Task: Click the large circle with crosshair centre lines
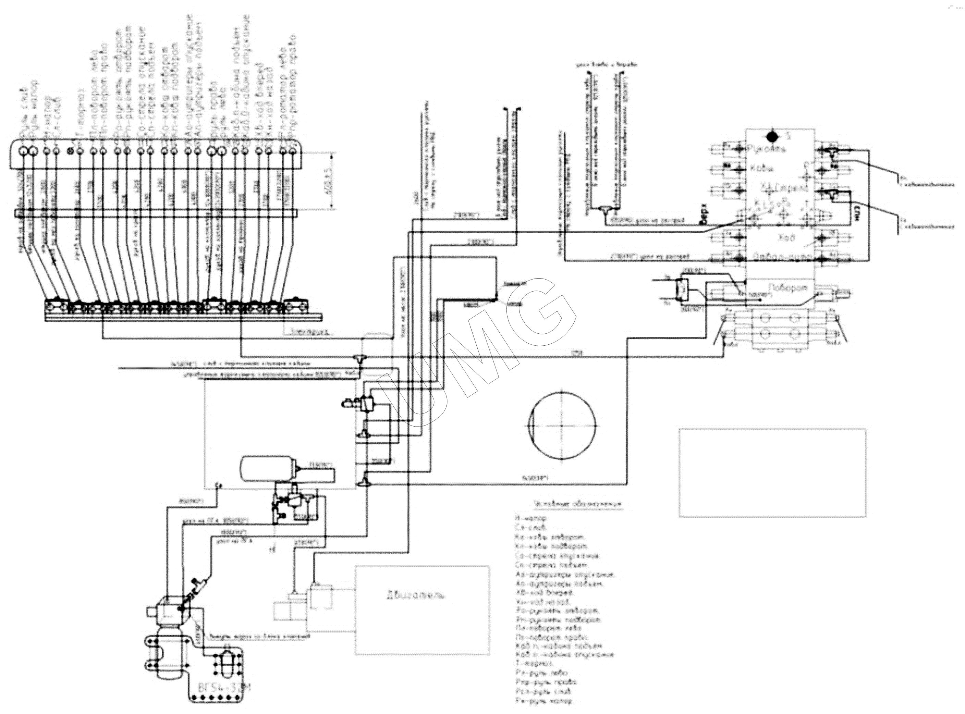(562, 425)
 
